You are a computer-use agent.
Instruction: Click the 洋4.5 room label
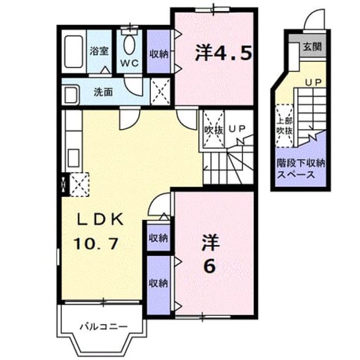point(223,53)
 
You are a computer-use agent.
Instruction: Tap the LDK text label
point(99,219)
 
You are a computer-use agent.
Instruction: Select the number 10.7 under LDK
point(96,243)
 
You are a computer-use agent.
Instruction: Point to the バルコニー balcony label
point(103,326)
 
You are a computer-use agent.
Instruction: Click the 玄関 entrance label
point(312,47)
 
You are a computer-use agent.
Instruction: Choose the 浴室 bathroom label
point(99,51)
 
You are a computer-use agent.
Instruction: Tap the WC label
point(129,63)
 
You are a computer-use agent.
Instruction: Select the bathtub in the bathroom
point(74,51)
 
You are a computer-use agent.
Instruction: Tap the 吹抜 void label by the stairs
point(214,130)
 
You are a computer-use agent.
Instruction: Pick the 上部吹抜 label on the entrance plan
point(285,126)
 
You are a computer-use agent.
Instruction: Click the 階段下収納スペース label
point(301,169)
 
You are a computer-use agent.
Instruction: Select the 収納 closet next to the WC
point(159,52)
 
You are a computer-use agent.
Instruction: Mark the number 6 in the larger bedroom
point(210,266)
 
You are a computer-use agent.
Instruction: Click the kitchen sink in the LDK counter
point(74,158)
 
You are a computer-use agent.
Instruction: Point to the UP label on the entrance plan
point(313,82)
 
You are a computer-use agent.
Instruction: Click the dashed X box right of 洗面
point(160,91)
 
